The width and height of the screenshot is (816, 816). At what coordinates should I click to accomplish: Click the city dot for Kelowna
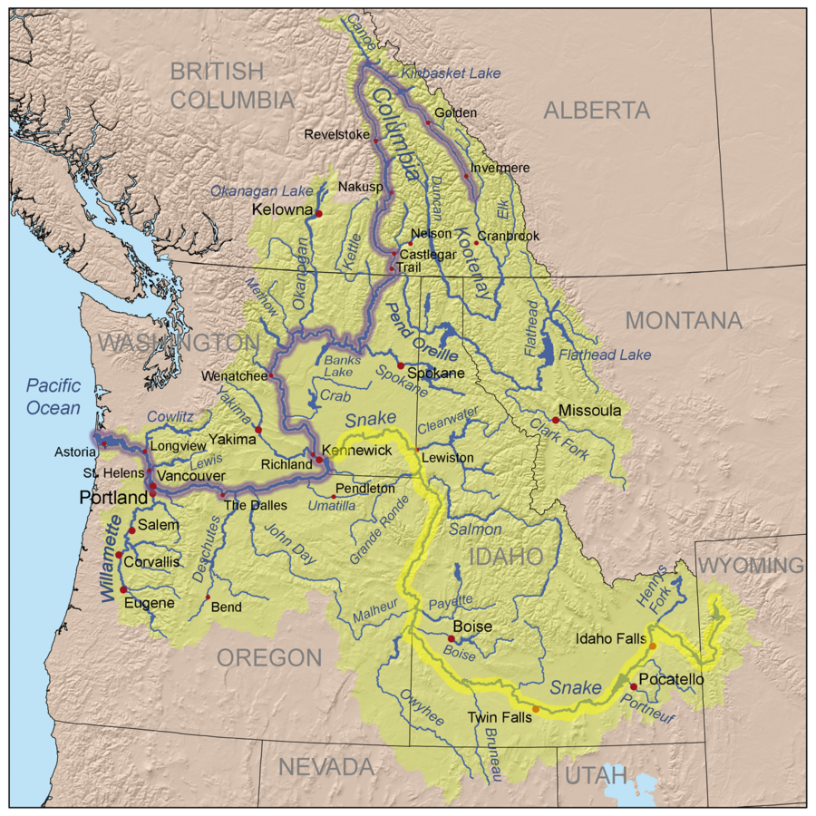click(318, 212)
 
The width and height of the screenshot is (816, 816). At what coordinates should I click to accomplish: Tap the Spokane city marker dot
click(400, 365)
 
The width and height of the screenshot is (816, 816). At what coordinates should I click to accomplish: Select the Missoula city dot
click(555, 420)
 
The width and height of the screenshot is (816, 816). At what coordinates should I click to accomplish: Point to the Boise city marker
click(452, 638)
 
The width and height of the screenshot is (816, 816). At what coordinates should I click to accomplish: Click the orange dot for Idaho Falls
click(652, 646)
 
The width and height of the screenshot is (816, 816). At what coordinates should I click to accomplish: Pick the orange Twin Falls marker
click(536, 709)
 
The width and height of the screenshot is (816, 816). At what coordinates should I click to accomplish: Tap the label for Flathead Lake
click(605, 354)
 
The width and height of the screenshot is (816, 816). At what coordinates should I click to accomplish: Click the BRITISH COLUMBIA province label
click(232, 85)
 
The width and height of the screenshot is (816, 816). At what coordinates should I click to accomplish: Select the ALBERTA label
click(597, 111)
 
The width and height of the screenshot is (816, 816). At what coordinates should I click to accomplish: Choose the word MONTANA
click(683, 320)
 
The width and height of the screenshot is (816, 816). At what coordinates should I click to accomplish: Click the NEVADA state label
click(325, 767)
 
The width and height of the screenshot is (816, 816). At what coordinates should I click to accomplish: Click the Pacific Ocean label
click(53, 396)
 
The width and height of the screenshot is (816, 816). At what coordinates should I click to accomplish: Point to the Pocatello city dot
click(633, 686)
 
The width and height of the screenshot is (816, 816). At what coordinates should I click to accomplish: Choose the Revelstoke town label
click(336, 134)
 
